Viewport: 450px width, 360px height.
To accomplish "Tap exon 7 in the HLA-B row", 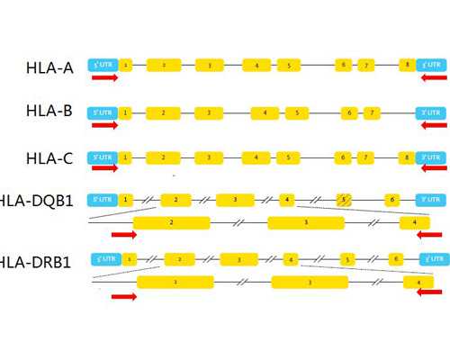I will [x=370, y=112].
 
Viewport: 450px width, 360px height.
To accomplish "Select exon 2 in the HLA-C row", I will [x=163, y=157].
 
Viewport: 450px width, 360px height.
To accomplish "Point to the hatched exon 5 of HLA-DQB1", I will [x=343, y=199].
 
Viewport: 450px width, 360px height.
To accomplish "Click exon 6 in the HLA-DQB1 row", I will [x=391, y=199].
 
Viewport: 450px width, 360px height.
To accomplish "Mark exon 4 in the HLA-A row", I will [x=256, y=65].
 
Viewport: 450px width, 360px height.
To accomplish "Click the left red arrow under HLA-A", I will [x=104, y=78].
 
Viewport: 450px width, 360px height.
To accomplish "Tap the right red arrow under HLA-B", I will [x=433, y=125].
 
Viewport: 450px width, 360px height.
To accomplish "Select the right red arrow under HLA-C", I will [x=433, y=170].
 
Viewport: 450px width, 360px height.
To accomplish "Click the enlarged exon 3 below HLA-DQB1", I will [x=306, y=221].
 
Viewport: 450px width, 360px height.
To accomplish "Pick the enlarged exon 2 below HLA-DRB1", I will [x=175, y=283].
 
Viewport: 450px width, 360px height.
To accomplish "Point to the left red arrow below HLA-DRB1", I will [x=123, y=297].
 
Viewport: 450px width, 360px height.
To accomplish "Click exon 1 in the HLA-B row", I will [x=125, y=112].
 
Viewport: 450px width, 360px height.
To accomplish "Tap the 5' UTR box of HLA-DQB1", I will [x=102, y=199].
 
